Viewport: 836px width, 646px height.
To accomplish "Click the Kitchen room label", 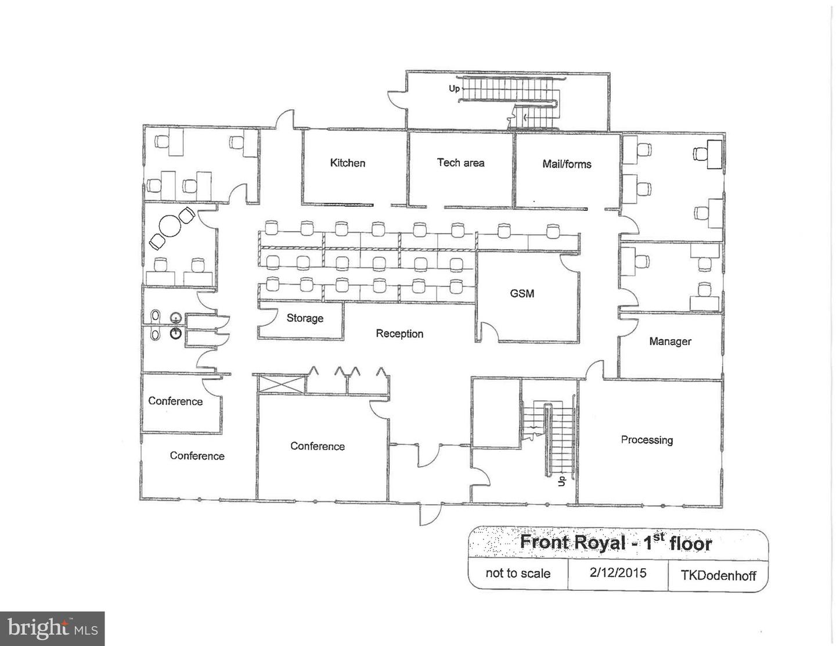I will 347,163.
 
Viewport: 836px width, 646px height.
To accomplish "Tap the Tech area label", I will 460,163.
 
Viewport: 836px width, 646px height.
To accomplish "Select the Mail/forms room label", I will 567,164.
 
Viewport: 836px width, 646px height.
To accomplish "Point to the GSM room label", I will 522,294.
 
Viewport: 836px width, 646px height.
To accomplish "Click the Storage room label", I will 305,318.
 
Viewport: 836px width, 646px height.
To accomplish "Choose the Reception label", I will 399,334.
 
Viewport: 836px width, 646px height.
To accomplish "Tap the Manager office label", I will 670,342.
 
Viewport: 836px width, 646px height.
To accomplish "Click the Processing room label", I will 647,440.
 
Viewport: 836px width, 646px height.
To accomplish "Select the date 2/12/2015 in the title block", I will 618,573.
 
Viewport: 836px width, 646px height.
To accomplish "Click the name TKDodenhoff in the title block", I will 718,576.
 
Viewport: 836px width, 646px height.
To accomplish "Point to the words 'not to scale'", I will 518,573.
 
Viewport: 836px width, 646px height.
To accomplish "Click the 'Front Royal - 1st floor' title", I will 615,543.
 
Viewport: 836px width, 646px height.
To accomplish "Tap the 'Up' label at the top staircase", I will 454,88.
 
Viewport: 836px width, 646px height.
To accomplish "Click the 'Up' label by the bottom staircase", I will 561,481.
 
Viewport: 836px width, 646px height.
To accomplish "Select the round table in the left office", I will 170,226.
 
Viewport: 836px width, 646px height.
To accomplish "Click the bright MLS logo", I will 52,629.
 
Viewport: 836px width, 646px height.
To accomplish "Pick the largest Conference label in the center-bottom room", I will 318,446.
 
